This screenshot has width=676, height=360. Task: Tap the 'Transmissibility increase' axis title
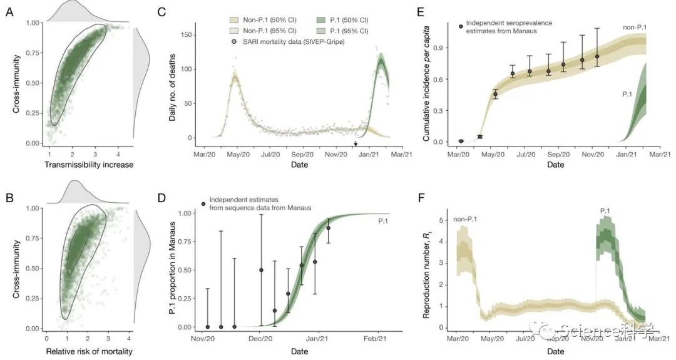click(90, 165)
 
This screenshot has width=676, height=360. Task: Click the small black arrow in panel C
click(356, 145)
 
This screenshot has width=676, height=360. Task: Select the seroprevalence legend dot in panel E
click(461, 26)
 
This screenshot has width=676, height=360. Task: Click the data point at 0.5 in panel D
click(261, 270)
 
